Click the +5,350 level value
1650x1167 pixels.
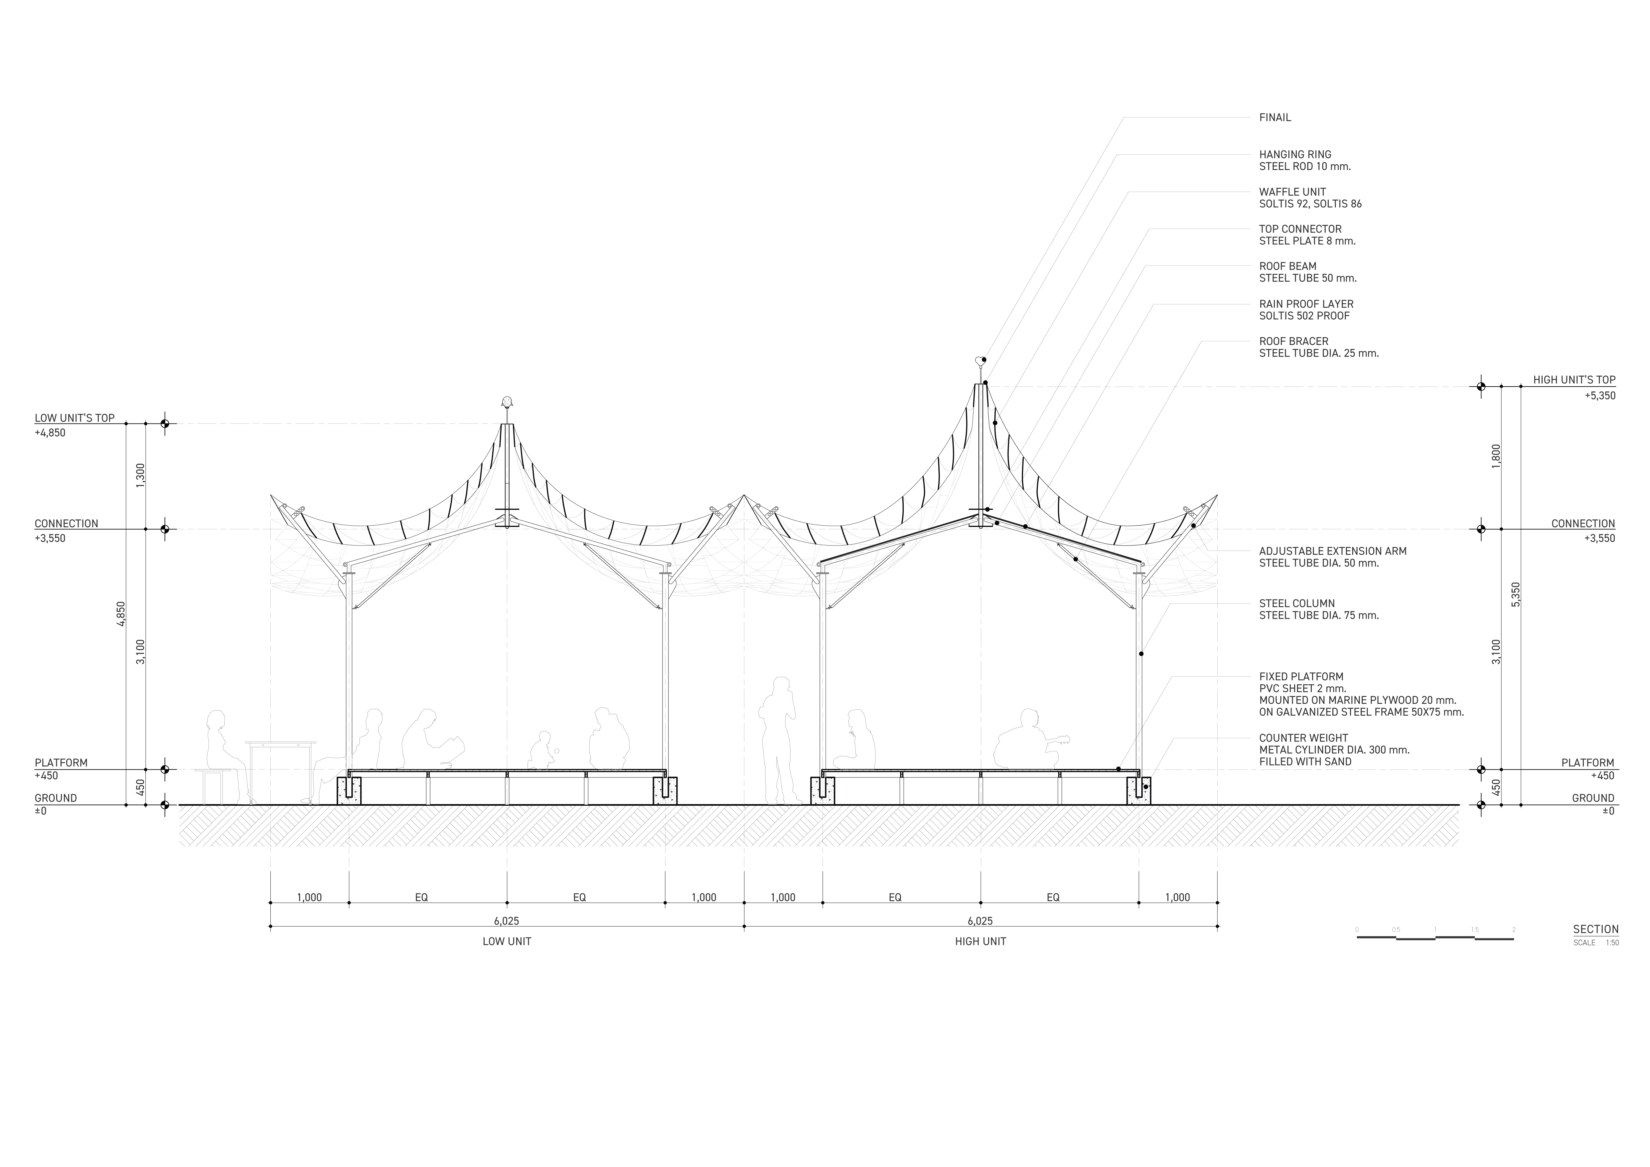[1600, 395]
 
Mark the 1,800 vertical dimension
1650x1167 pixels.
[1496, 456]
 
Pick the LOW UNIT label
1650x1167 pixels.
[507, 941]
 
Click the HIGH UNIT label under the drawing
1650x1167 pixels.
[980, 941]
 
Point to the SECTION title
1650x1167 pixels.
[1595, 929]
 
